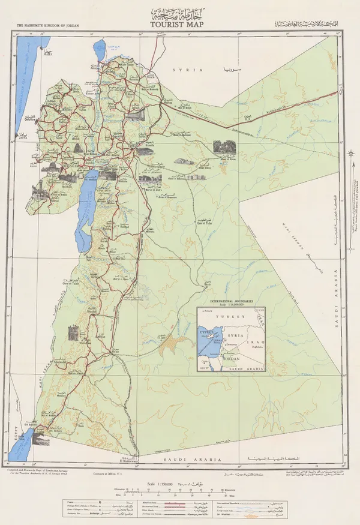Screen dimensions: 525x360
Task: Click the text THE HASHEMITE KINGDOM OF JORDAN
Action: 49,26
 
